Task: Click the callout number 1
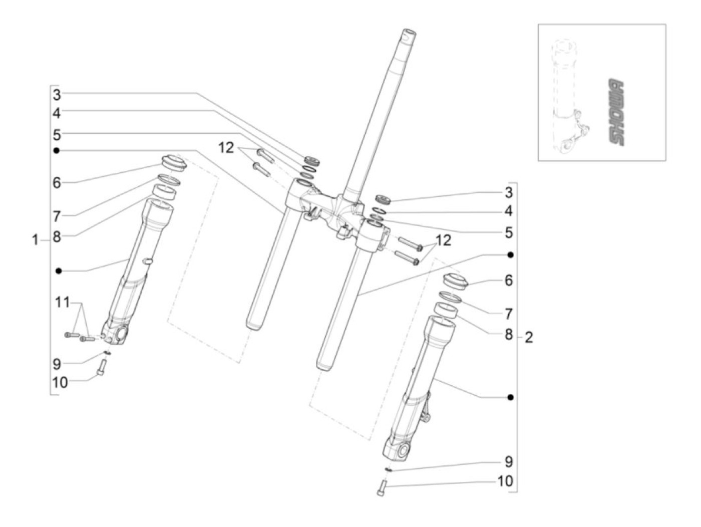coord(35,240)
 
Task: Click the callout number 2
coord(529,337)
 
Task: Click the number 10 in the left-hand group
coord(60,382)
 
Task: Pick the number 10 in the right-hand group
coord(505,481)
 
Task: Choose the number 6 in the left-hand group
coord(57,182)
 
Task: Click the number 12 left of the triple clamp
coord(226,148)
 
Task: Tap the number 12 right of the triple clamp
coord(443,240)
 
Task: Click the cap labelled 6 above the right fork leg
coord(455,280)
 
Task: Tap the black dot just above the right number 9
coord(510,397)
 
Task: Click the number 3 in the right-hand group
coord(509,192)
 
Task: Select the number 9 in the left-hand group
coord(57,363)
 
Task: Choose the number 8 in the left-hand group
coord(57,236)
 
